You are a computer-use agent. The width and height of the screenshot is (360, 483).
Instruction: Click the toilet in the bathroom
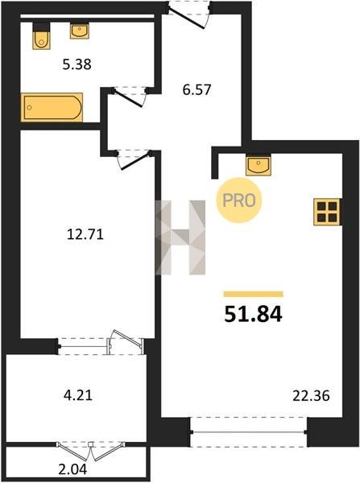point(41,35)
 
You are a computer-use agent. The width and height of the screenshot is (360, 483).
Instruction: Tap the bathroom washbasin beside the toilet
point(80,31)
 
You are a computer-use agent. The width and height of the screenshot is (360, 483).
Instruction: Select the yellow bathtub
point(52,107)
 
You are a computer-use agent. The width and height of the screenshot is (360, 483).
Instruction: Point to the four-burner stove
point(327,212)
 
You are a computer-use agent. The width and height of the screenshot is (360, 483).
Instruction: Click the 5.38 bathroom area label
point(77,64)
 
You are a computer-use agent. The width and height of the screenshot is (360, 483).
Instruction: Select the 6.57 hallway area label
point(197,90)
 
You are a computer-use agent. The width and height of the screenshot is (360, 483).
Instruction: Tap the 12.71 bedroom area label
point(85,235)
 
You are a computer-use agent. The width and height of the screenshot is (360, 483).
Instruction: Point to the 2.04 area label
point(72,469)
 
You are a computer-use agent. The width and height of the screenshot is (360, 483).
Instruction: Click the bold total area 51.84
point(253,315)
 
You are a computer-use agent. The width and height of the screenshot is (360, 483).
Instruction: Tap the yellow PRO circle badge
point(239,200)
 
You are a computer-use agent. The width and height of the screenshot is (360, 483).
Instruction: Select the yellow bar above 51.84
point(254,294)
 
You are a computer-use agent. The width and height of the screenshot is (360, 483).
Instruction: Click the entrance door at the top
point(188,16)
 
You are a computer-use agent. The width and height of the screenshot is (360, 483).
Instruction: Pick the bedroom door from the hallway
point(135,160)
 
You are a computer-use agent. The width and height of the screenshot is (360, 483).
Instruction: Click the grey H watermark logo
point(180,237)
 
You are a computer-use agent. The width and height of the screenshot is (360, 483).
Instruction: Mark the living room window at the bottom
point(249,432)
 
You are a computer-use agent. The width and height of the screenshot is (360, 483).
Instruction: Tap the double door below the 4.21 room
point(91,451)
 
